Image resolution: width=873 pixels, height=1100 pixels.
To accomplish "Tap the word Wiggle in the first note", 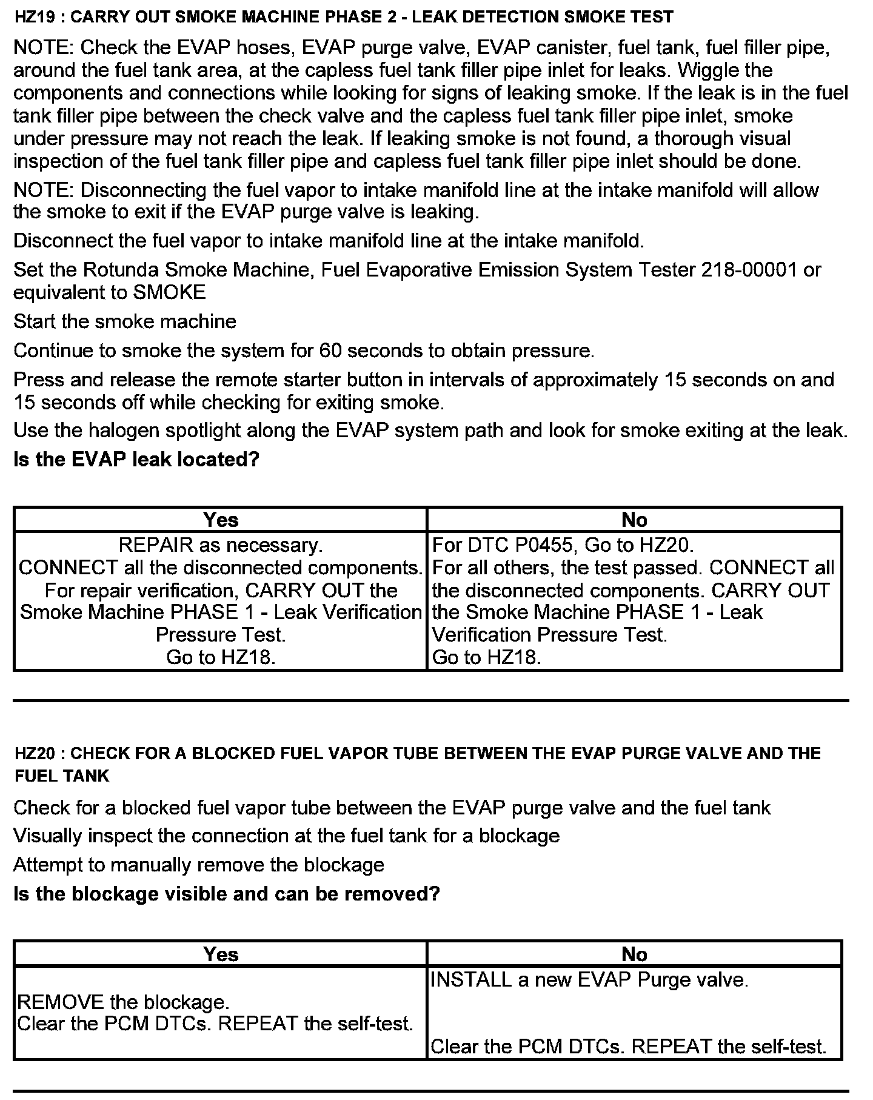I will tap(707, 70).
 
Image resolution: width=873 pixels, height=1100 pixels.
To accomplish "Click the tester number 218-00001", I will tap(748, 269).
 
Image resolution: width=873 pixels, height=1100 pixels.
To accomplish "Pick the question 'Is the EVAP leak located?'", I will tap(136, 459).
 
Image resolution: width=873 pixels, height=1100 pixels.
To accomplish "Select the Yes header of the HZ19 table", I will tap(221, 520).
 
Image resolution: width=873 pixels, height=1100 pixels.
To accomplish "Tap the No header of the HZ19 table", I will tap(634, 520).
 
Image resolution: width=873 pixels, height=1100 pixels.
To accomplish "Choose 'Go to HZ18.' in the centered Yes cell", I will tap(221, 657).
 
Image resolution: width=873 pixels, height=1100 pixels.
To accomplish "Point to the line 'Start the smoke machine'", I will tap(125, 321).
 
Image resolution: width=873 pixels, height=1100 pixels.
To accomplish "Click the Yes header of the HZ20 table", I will tap(221, 954).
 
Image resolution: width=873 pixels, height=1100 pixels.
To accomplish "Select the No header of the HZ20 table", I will tap(634, 954).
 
